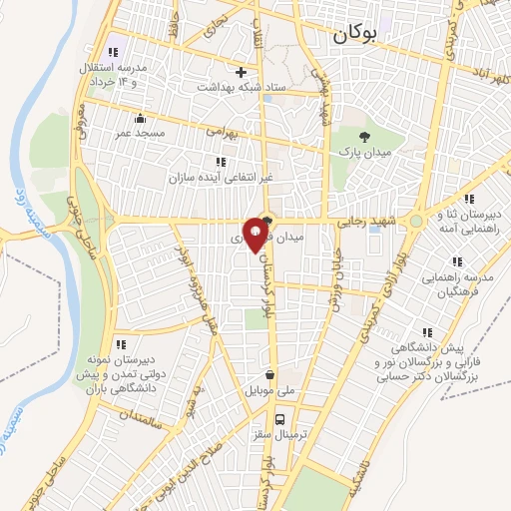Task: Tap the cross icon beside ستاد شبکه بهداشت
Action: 241,72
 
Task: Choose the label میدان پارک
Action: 371,156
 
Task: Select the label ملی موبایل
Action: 266,391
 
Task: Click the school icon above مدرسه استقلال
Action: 113,52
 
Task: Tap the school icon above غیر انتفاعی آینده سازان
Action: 220,162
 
